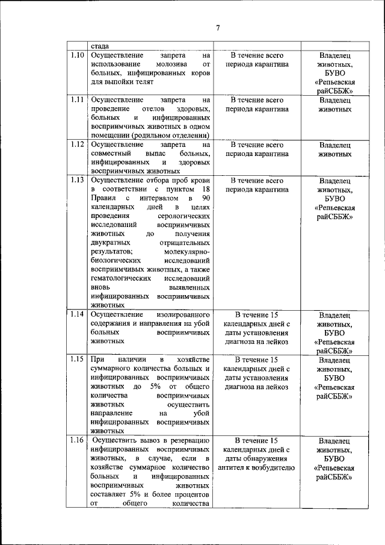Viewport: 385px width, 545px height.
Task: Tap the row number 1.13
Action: pos(76,180)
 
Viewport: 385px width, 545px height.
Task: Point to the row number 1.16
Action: pos(76,440)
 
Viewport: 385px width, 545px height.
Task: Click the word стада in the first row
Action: pos(100,46)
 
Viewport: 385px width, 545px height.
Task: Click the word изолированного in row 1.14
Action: pos(183,314)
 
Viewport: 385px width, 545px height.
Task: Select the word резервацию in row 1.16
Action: pos(187,440)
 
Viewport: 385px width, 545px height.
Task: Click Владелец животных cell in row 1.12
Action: pos(335,149)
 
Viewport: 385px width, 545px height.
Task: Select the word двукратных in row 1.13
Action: pos(111,242)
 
